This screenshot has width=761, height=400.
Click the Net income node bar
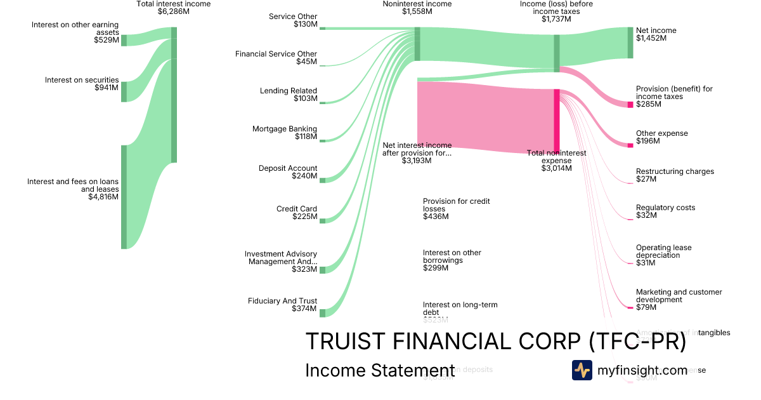tap(630, 43)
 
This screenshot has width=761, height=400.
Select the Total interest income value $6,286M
tap(173, 11)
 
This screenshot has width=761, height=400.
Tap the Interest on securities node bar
tap(124, 91)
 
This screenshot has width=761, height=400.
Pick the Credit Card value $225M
tap(304, 217)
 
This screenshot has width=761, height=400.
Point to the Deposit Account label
tap(288, 168)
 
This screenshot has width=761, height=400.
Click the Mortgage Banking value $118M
tap(306, 137)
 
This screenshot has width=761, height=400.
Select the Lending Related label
tap(289, 91)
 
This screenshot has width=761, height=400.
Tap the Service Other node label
tap(293, 17)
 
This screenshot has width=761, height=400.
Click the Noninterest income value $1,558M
tap(417, 11)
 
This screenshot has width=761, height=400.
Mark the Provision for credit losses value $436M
tap(436, 217)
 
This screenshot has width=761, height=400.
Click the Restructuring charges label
tap(675, 171)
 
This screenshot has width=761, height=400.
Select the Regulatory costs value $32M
tap(646, 215)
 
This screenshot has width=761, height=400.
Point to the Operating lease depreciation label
tap(663, 251)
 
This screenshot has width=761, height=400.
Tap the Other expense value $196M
tap(647, 141)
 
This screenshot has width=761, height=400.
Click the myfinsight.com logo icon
tap(582, 370)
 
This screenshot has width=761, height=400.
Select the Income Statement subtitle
tap(380, 371)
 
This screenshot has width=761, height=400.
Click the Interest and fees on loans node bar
tap(124, 197)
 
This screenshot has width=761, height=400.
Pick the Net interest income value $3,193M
tap(417, 161)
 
